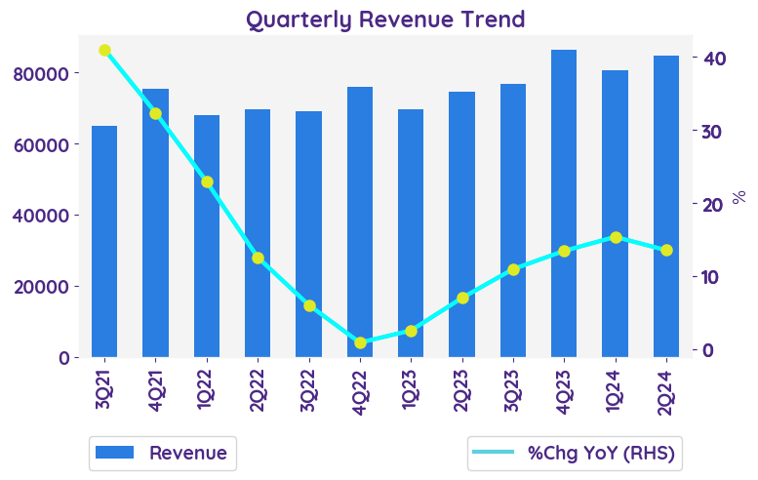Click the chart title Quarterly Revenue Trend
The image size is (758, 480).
pyautogui.click(x=385, y=20)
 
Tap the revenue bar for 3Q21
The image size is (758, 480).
pyautogui.click(x=104, y=241)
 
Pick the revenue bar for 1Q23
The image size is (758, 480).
pyautogui.click(x=411, y=233)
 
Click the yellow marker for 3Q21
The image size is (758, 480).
pyautogui.click(x=104, y=50)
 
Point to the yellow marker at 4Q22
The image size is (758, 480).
pyautogui.click(x=360, y=342)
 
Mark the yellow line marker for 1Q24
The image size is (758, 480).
pyautogui.click(x=616, y=237)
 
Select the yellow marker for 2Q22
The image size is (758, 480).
pyautogui.click(x=258, y=259)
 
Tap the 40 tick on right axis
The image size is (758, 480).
pyautogui.click(x=714, y=59)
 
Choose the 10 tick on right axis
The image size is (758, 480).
pyautogui.click(x=714, y=277)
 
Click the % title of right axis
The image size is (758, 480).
pyautogui.click(x=738, y=197)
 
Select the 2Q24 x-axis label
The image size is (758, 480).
pyautogui.click(x=666, y=392)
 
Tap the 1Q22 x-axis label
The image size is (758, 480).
pyautogui.click(x=207, y=392)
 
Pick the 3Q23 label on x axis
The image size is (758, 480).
pyautogui.click(x=513, y=392)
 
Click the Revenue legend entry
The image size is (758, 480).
pyautogui.click(x=162, y=453)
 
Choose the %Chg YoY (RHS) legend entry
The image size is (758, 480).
pyautogui.click(x=574, y=453)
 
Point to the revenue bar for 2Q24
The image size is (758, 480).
pyautogui.click(x=666, y=206)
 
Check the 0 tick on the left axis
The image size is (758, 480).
pyautogui.click(x=63, y=358)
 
